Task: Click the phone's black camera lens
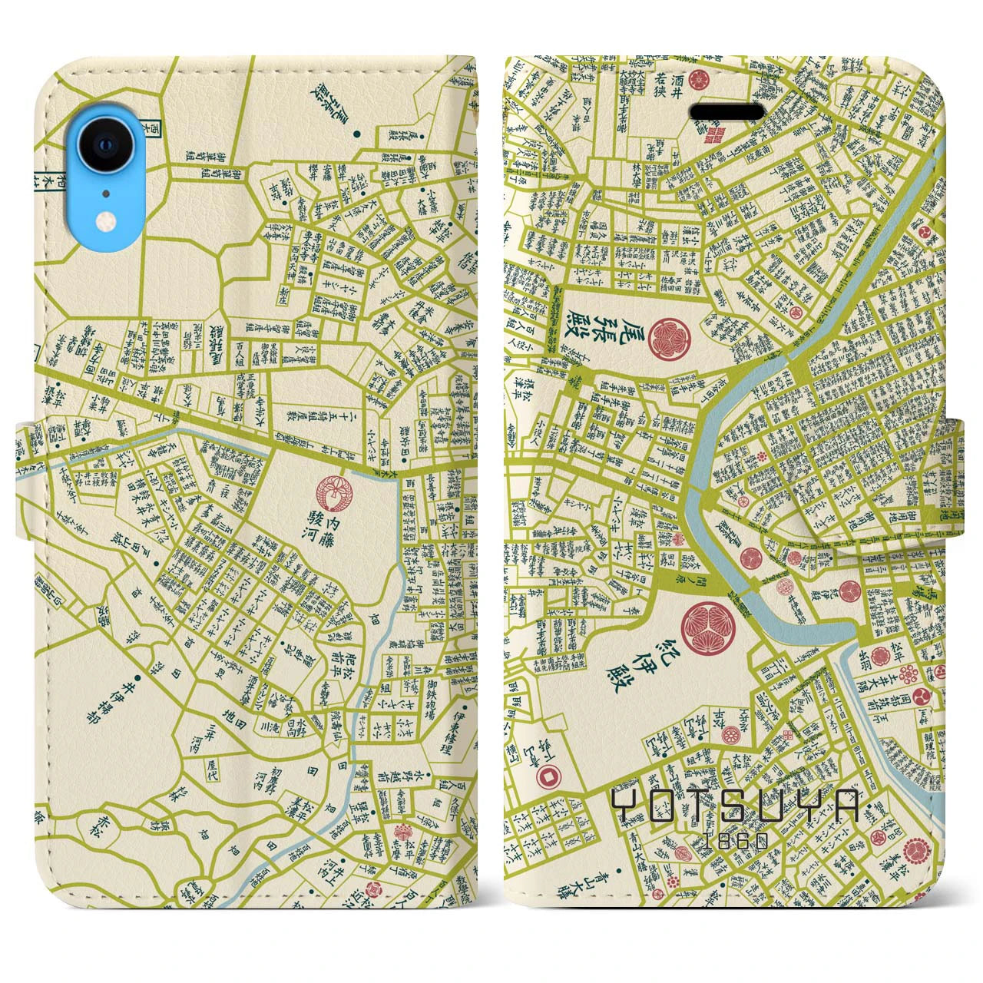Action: [106, 144]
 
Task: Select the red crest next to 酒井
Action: [698, 80]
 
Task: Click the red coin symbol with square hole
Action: [548, 777]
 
